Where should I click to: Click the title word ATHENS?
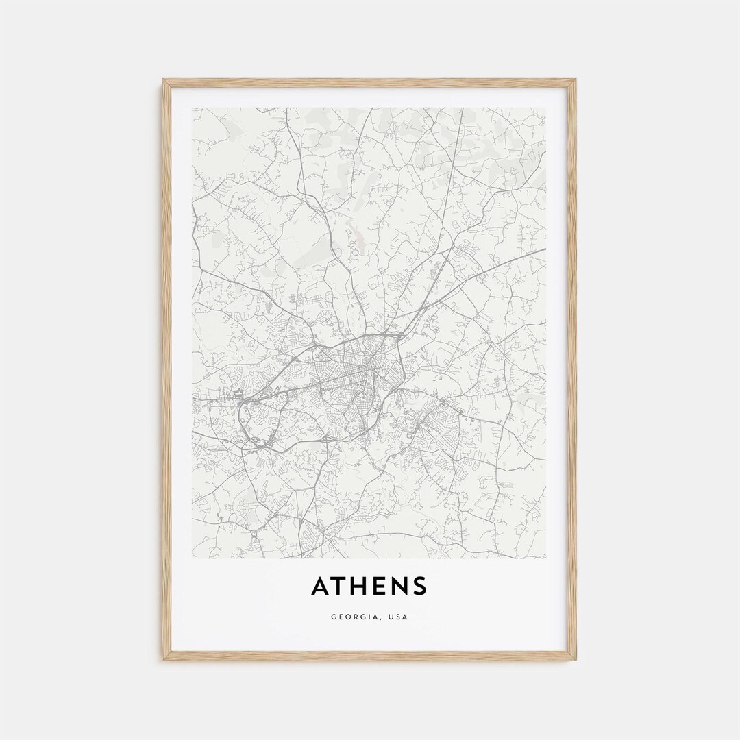click(x=369, y=587)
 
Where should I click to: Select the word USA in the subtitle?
click(x=397, y=617)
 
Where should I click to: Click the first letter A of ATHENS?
click(x=321, y=587)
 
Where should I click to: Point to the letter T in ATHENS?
click(x=339, y=587)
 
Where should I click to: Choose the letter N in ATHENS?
click(x=398, y=587)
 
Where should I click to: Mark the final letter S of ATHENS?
click(x=419, y=587)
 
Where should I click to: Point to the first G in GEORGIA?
click(x=334, y=617)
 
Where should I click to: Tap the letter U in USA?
click(x=390, y=617)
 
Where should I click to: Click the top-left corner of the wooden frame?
click(x=164, y=81)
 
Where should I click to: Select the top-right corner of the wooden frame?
click(x=575, y=81)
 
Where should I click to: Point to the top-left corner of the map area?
click(x=193, y=108)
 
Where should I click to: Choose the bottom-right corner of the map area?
click(x=546, y=558)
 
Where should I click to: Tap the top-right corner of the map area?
click(x=546, y=108)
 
